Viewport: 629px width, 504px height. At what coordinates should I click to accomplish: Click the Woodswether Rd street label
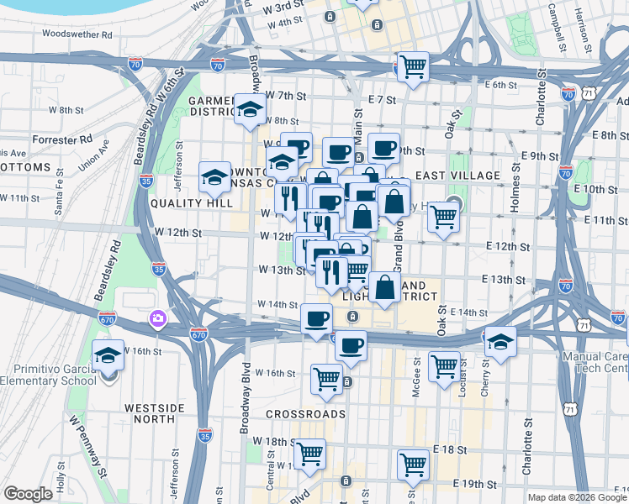tap(77, 35)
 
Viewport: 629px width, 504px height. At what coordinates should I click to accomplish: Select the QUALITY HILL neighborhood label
tap(191, 203)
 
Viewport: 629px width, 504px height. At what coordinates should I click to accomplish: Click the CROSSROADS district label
tap(305, 414)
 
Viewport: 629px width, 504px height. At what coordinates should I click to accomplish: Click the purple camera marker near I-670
tap(156, 318)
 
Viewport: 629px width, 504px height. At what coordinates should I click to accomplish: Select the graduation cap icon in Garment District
tap(250, 110)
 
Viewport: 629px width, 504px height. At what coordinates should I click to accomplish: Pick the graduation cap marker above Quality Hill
tap(215, 177)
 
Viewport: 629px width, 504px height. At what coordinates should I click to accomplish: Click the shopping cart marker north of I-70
tap(412, 66)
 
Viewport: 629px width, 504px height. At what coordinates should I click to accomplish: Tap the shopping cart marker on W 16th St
tap(326, 378)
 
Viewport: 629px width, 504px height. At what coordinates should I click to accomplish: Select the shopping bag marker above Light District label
tap(384, 287)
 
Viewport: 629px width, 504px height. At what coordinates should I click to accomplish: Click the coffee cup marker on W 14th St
tap(317, 319)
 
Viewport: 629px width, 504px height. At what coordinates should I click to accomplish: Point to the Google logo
tap(28, 494)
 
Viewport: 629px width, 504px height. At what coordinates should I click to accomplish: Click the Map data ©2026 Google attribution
tap(576, 497)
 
